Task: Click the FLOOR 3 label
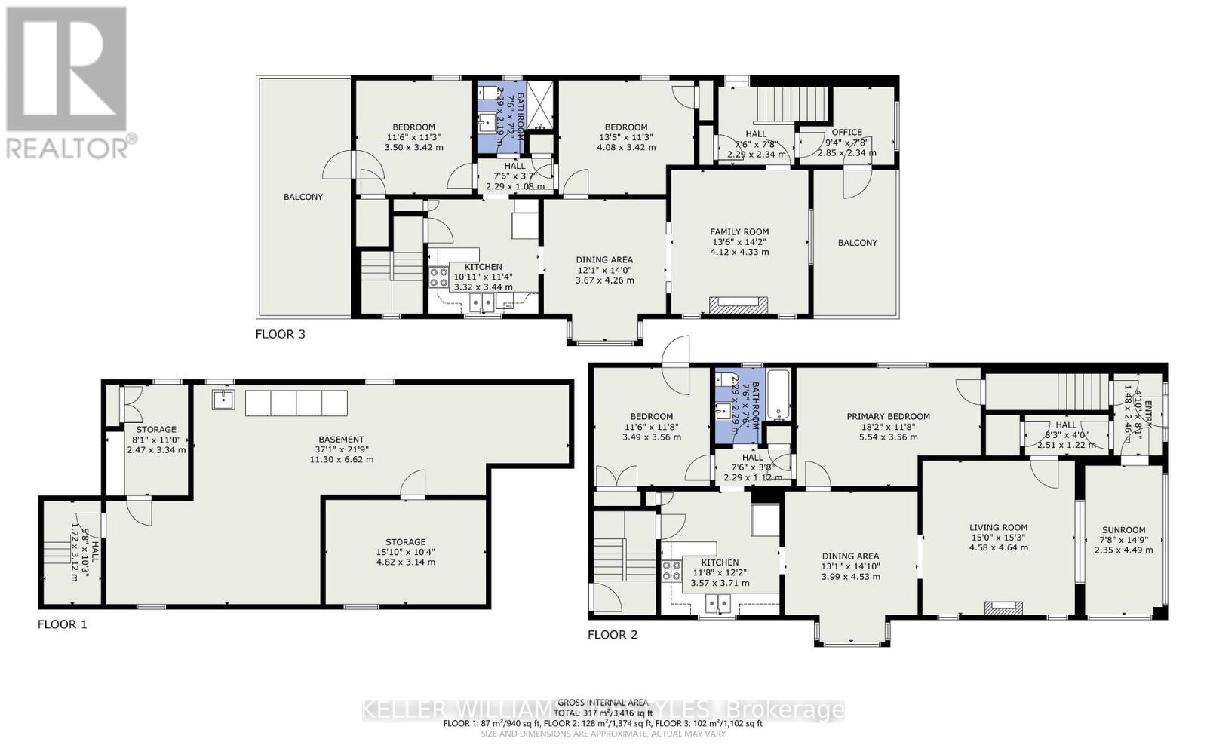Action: pyautogui.click(x=280, y=334)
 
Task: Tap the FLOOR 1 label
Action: pyautogui.click(x=63, y=624)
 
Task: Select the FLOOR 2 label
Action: pyautogui.click(x=613, y=635)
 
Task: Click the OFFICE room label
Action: pyautogui.click(x=846, y=132)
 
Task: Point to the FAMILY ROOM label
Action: pyautogui.click(x=739, y=232)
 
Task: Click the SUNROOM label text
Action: pyautogui.click(x=1123, y=530)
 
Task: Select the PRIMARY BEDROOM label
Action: pyautogui.click(x=888, y=416)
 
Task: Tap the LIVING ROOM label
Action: pyautogui.click(x=998, y=528)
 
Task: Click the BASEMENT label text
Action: pyautogui.click(x=341, y=440)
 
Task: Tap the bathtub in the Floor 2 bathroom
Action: pyautogui.click(x=777, y=394)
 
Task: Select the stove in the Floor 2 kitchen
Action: pyautogui.click(x=669, y=571)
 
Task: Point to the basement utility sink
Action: pyautogui.click(x=223, y=399)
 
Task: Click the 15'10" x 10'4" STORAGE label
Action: pyautogui.click(x=405, y=542)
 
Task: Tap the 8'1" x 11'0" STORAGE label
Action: pyautogui.click(x=155, y=430)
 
